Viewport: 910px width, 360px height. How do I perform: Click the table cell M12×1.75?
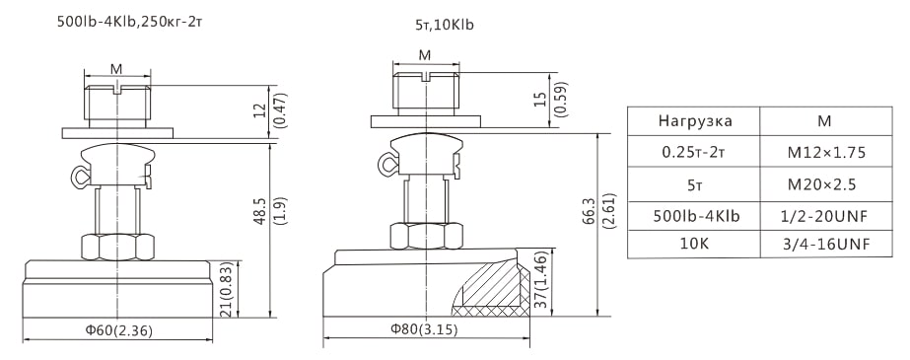pyautogui.click(x=826, y=152)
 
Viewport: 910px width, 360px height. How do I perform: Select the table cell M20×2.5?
pyautogui.click(x=826, y=184)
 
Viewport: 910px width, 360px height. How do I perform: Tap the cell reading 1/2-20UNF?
pyautogui.click(x=826, y=216)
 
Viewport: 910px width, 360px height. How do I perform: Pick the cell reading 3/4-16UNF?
pyautogui.click(x=826, y=245)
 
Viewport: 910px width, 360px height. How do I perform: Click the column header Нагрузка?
pyautogui.click(x=695, y=121)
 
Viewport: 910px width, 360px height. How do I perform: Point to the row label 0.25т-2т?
pyautogui.click(x=695, y=152)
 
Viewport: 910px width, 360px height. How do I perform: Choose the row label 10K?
pyautogui.click(x=695, y=245)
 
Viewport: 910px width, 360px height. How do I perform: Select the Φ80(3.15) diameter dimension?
pyautogui.click(x=424, y=329)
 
